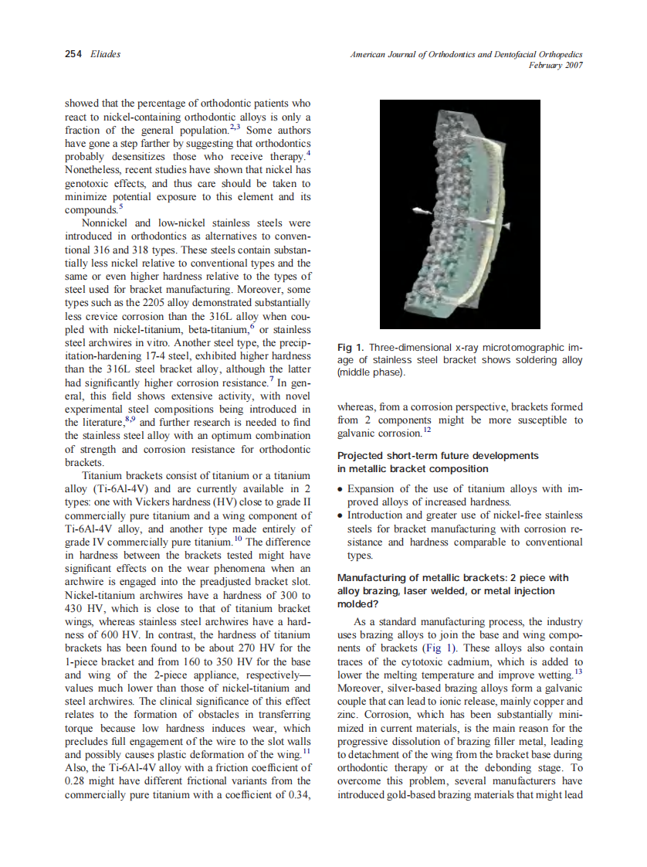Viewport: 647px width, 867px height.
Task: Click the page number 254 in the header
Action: point(73,54)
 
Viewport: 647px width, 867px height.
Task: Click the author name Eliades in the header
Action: point(105,54)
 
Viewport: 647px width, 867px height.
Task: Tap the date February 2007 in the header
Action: point(555,66)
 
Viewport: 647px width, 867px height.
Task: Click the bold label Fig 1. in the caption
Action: point(353,347)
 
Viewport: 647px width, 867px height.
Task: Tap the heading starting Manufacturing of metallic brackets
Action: point(452,578)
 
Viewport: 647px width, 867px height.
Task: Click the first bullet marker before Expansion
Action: point(342,490)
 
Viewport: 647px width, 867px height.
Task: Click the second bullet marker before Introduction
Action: point(342,516)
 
